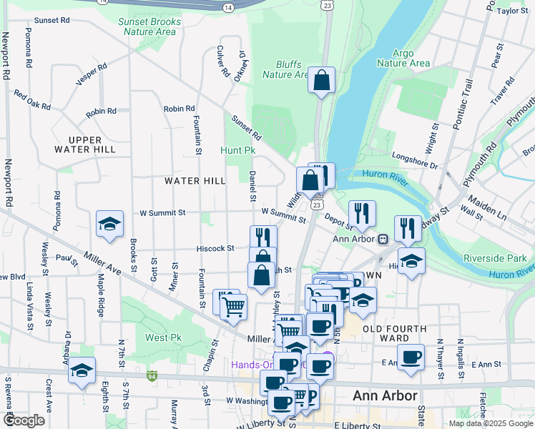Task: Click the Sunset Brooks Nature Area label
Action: coord(149,26)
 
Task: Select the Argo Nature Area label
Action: coord(411,58)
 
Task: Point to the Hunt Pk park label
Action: coord(237,151)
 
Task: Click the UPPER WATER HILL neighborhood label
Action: coord(84,144)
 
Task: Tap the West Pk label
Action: coord(163,337)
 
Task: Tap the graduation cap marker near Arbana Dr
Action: coord(82,370)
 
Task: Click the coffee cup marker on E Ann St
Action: coord(411,357)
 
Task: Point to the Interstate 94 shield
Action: coord(152,375)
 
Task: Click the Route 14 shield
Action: coord(227,6)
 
